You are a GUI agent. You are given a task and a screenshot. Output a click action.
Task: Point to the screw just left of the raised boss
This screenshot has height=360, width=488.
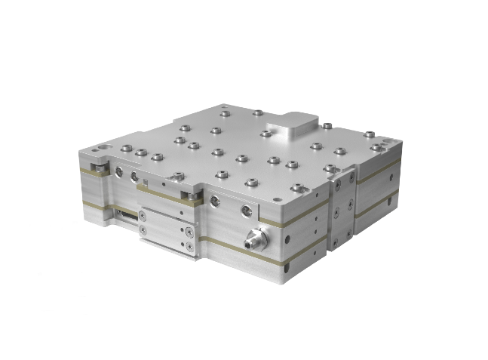(x=265, y=134)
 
